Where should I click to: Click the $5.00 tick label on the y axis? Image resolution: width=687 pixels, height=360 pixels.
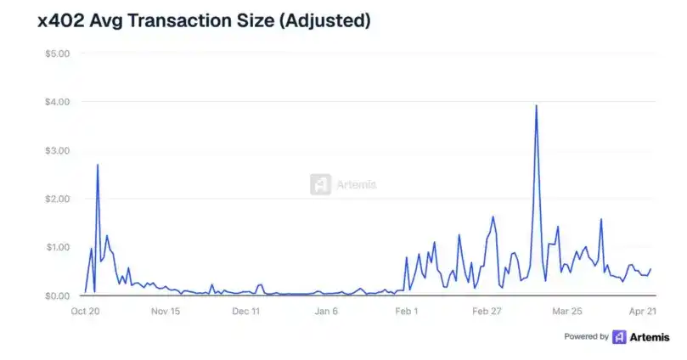coord(57,53)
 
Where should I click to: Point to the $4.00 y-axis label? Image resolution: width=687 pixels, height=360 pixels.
coord(57,102)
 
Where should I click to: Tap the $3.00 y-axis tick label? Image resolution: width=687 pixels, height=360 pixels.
coord(57,150)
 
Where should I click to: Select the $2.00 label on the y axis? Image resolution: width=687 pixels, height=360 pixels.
coord(57,199)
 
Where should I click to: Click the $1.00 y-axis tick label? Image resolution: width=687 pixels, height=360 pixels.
coord(58,247)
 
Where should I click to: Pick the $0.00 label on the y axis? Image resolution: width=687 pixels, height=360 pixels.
coord(57,296)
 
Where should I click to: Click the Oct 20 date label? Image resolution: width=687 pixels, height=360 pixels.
coord(85,312)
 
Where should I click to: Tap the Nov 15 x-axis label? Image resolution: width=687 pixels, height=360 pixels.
coord(166,312)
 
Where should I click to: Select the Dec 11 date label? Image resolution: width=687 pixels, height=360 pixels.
coord(245,312)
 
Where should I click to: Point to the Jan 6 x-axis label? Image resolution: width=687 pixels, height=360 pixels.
coord(326,312)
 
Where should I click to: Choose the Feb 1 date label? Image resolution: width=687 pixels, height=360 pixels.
coord(407,312)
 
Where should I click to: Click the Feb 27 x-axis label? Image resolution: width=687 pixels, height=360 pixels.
coord(487,312)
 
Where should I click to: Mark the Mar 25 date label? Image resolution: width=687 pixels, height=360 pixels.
coord(567,312)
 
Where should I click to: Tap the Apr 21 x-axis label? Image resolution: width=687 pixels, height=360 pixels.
coord(643,312)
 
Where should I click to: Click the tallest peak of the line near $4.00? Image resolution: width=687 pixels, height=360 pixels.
coord(537,105)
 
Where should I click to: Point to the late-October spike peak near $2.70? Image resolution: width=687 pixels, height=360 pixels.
coord(98,165)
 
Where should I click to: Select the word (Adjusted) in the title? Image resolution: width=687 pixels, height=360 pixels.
coord(324,21)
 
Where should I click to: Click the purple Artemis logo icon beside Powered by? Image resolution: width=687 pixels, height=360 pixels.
coord(619,337)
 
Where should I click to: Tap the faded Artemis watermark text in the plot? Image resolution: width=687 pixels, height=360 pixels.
coord(356,184)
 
